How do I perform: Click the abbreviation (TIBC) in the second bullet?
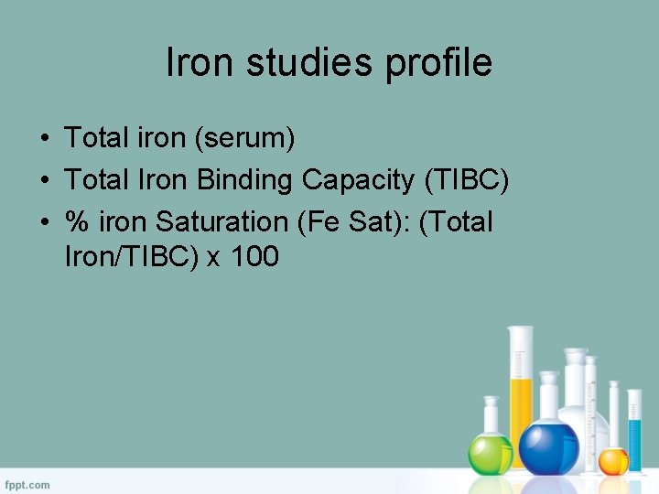click(466, 180)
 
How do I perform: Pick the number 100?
click(254, 257)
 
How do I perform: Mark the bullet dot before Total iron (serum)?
click(44, 139)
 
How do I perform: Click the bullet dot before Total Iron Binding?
click(44, 181)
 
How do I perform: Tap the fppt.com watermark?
click(27, 484)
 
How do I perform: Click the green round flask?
click(490, 452)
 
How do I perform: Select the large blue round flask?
click(549, 446)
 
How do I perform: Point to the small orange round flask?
click(613, 459)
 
